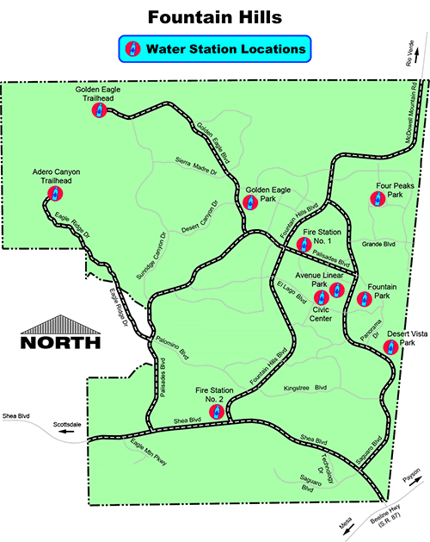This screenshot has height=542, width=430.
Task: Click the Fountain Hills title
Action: tap(215, 17)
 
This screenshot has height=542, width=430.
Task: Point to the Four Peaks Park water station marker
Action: tap(376, 198)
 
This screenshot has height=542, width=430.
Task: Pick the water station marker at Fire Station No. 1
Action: tap(302, 244)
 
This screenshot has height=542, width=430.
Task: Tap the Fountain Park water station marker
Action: tap(363, 300)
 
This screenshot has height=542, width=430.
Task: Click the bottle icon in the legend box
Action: tap(133, 49)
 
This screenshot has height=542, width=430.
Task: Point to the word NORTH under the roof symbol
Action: tap(60, 342)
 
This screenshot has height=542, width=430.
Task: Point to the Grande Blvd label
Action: tap(378, 244)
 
